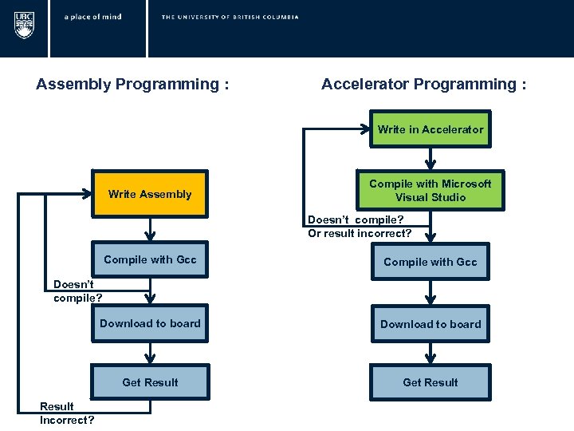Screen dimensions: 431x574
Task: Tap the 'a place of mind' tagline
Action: [x=92, y=17]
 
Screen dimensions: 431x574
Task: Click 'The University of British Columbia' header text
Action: [x=230, y=17]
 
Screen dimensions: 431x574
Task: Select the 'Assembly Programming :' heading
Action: [x=132, y=85]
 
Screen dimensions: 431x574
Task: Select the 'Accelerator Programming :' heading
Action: [x=423, y=85]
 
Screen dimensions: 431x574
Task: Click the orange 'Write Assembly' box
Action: [x=150, y=194]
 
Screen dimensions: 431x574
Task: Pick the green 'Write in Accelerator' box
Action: [x=431, y=129]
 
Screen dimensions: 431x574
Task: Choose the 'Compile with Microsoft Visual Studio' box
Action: [x=431, y=191]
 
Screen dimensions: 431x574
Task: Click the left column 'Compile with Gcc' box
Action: [x=150, y=260]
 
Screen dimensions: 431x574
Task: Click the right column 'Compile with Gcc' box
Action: [x=431, y=262]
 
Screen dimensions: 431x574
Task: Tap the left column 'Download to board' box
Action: [x=150, y=323]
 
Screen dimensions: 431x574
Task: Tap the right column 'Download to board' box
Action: [x=431, y=324]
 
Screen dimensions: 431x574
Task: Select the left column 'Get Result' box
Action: [x=150, y=382]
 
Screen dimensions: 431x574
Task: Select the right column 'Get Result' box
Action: [x=431, y=382]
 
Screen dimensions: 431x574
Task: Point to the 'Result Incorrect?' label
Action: [x=67, y=413]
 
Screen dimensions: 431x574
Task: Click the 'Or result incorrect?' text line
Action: [x=360, y=233]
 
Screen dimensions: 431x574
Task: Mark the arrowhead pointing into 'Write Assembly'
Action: [x=88, y=194]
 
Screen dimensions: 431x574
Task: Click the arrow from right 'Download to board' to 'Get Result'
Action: [x=431, y=353]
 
